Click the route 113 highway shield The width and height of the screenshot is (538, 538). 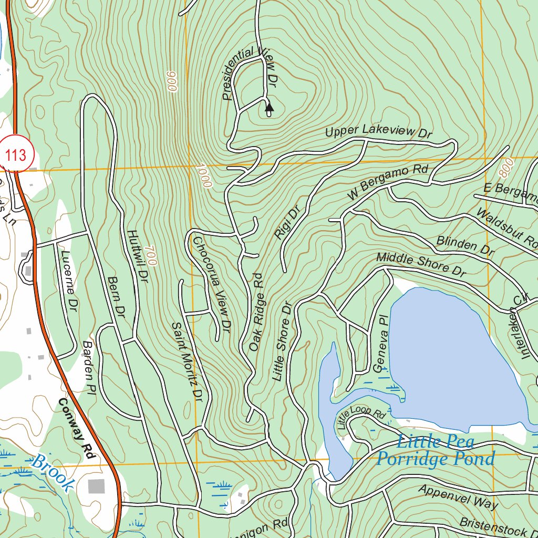click(x=16, y=155)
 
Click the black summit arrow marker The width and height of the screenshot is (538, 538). click(x=269, y=109)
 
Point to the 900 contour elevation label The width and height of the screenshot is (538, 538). click(x=171, y=81)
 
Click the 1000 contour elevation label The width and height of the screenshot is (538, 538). click(x=203, y=176)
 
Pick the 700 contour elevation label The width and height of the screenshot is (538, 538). click(x=149, y=255)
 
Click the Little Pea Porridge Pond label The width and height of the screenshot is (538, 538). click(x=435, y=450)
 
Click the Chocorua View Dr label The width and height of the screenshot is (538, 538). click(x=212, y=283)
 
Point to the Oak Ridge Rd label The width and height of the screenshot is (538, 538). click(x=256, y=312)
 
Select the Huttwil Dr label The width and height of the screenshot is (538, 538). click(x=135, y=257)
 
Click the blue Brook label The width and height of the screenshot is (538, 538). click(x=52, y=473)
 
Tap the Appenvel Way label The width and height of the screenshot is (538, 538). click(x=458, y=496)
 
